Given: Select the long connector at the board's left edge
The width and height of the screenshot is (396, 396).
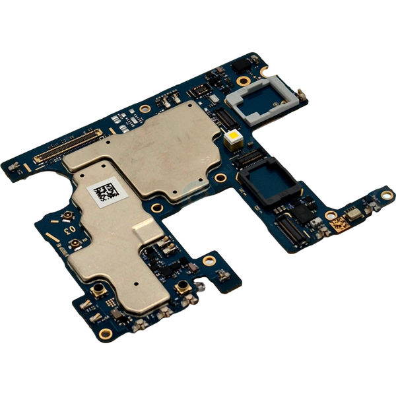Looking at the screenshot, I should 68,147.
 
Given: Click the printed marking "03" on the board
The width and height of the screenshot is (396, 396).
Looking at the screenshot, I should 67,230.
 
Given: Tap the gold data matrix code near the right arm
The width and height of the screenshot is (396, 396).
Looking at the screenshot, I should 339,224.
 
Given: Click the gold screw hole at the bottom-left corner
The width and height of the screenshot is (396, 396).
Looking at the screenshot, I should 104,332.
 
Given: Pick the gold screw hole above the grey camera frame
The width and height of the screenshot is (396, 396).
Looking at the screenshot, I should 244,81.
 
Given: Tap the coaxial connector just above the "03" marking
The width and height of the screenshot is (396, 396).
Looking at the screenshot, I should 67,216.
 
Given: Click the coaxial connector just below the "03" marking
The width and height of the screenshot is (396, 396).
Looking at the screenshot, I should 76,245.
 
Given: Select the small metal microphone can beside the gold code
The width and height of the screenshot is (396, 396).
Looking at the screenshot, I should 355,213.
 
